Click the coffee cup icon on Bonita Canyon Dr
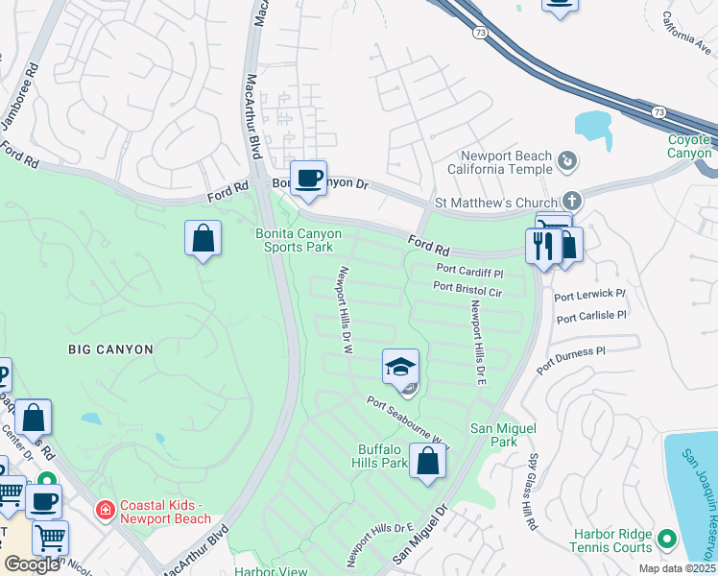click(x=308, y=180)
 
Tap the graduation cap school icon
click(x=401, y=367)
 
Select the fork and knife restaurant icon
click(x=543, y=247)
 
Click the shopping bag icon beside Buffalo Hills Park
click(x=428, y=462)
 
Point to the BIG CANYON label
click(x=110, y=349)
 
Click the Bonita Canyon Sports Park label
click(x=294, y=239)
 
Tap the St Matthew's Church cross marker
click(x=572, y=202)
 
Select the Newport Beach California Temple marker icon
click(x=567, y=161)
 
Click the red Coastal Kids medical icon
click(x=105, y=507)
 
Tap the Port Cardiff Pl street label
click(x=470, y=270)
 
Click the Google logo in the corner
click(x=32, y=564)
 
